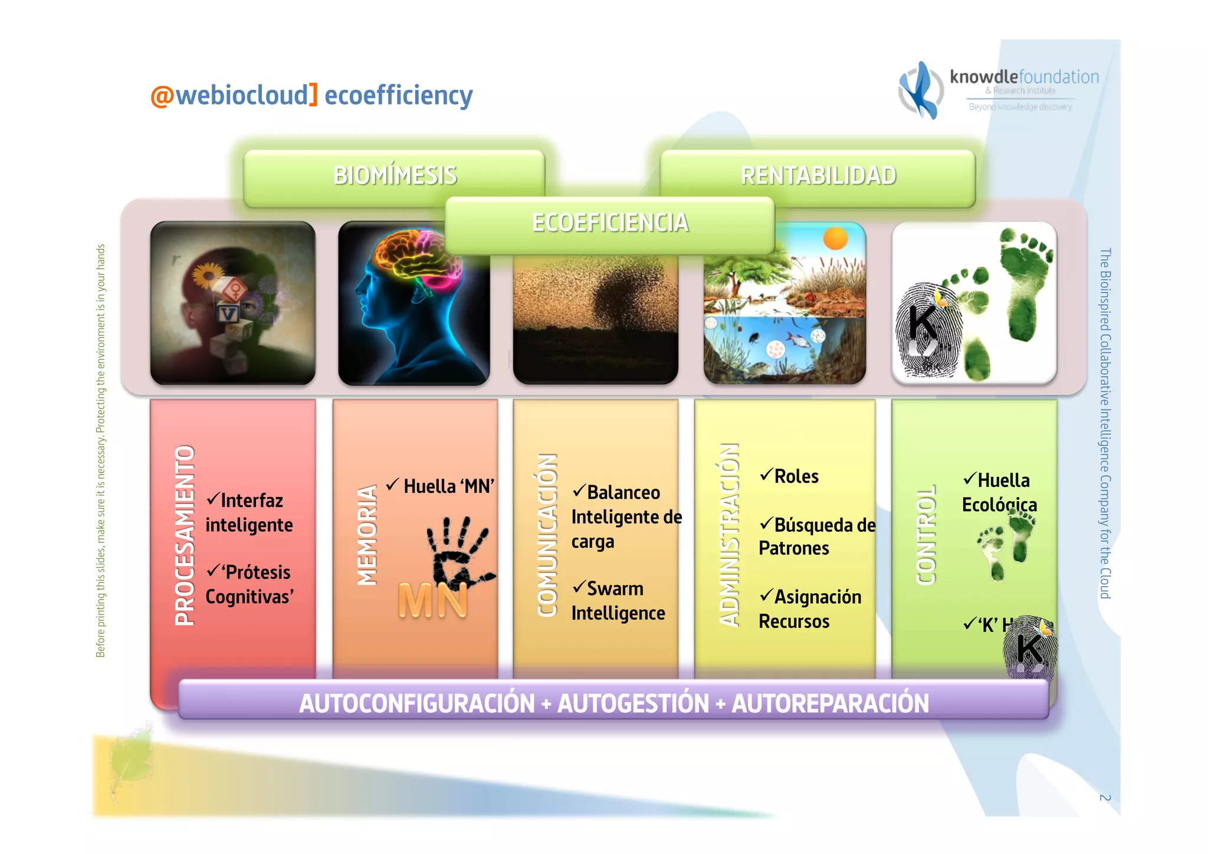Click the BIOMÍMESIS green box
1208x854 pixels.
point(394,175)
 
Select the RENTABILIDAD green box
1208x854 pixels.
point(818,175)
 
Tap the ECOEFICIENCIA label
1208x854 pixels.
point(609,223)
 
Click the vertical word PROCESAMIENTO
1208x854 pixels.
point(185,535)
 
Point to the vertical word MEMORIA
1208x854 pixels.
point(367,535)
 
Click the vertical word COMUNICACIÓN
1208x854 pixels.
point(547,535)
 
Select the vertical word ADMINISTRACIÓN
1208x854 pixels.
point(729,535)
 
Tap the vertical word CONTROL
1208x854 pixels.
point(925,535)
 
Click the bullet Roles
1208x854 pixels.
point(795,476)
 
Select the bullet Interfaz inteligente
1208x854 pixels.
point(249,512)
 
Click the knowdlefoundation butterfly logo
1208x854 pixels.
point(920,90)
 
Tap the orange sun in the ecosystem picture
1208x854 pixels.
point(835,238)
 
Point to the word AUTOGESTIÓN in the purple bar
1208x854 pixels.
point(633,704)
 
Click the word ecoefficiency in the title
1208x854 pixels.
point(398,95)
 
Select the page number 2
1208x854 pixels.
point(1105,798)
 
